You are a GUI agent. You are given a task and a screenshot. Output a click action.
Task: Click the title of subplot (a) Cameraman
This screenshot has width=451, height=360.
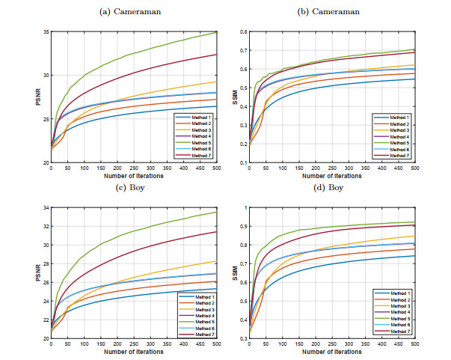[126, 12]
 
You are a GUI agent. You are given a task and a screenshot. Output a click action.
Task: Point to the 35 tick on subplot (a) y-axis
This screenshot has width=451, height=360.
[45, 32]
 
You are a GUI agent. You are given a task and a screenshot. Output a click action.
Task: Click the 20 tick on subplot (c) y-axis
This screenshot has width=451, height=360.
[45, 338]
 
